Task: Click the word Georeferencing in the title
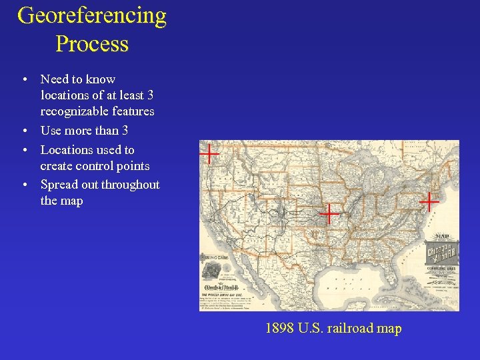(92, 15)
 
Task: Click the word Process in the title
(92, 44)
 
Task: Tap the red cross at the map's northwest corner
(209, 154)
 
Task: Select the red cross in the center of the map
(329, 214)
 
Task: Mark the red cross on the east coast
(429, 200)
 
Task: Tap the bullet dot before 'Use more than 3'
(25, 131)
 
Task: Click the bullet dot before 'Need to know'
(25, 79)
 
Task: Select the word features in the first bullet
(134, 111)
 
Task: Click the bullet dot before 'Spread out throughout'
(25, 184)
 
